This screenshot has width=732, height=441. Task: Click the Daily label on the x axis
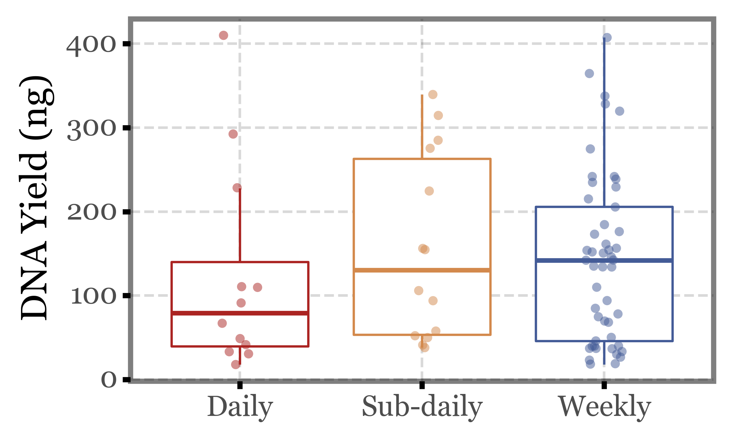[x=240, y=406]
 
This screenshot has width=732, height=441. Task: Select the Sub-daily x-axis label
[x=422, y=406]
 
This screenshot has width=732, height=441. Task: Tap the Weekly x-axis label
[x=604, y=406]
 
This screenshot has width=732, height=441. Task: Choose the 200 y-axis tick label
[x=91, y=212]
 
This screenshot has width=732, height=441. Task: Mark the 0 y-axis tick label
[x=108, y=380]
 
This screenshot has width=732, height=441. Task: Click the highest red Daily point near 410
[x=223, y=35]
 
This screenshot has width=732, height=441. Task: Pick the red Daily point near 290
[x=233, y=134]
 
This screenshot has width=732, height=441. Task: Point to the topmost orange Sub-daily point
[x=433, y=94]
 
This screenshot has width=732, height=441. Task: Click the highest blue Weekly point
[x=607, y=38]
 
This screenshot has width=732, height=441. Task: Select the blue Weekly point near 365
[x=589, y=74]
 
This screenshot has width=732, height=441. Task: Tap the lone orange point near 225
[x=429, y=191]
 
